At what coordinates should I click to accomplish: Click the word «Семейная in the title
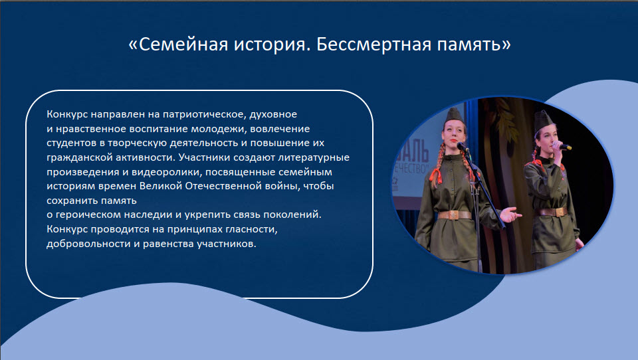[178, 44]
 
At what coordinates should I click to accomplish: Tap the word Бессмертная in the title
[373, 44]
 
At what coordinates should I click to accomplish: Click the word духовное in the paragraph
[273, 114]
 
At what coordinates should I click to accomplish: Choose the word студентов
[70, 143]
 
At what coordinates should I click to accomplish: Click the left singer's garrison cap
[454, 116]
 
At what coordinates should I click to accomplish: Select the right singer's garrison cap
[544, 120]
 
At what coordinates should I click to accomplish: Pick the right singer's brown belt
[552, 211]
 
